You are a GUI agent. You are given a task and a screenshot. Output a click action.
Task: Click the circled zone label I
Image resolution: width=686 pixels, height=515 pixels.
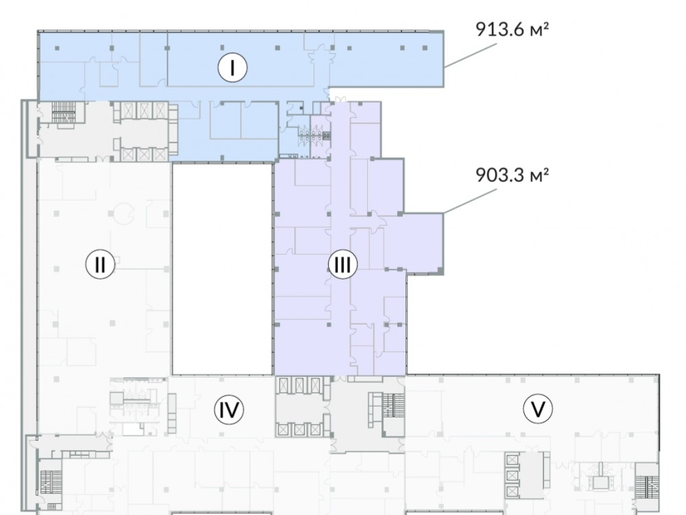(x=233, y=67)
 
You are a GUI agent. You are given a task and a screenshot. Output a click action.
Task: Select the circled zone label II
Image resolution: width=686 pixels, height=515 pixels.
(x=100, y=264)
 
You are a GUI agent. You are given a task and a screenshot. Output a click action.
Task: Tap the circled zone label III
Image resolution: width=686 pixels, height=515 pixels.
(x=342, y=264)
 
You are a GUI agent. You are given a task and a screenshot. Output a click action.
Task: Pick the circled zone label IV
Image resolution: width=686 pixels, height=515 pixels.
(x=229, y=410)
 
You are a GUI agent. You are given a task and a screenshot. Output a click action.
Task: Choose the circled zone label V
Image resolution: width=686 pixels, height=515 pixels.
(x=538, y=410)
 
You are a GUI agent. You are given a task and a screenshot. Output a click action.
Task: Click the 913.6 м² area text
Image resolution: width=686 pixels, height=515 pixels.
(x=512, y=30)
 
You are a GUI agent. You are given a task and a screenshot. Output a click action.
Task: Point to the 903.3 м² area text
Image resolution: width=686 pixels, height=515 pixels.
(x=512, y=175)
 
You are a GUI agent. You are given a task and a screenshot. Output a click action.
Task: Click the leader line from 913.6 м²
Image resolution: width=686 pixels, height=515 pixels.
(x=471, y=55)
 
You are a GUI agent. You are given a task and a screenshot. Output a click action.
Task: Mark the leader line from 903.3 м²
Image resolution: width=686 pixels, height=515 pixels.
(x=471, y=201)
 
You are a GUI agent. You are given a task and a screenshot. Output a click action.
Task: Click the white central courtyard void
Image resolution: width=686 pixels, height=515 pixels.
(x=223, y=269)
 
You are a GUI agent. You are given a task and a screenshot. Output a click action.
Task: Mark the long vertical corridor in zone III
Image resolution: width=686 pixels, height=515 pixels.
(x=340, y=239)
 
